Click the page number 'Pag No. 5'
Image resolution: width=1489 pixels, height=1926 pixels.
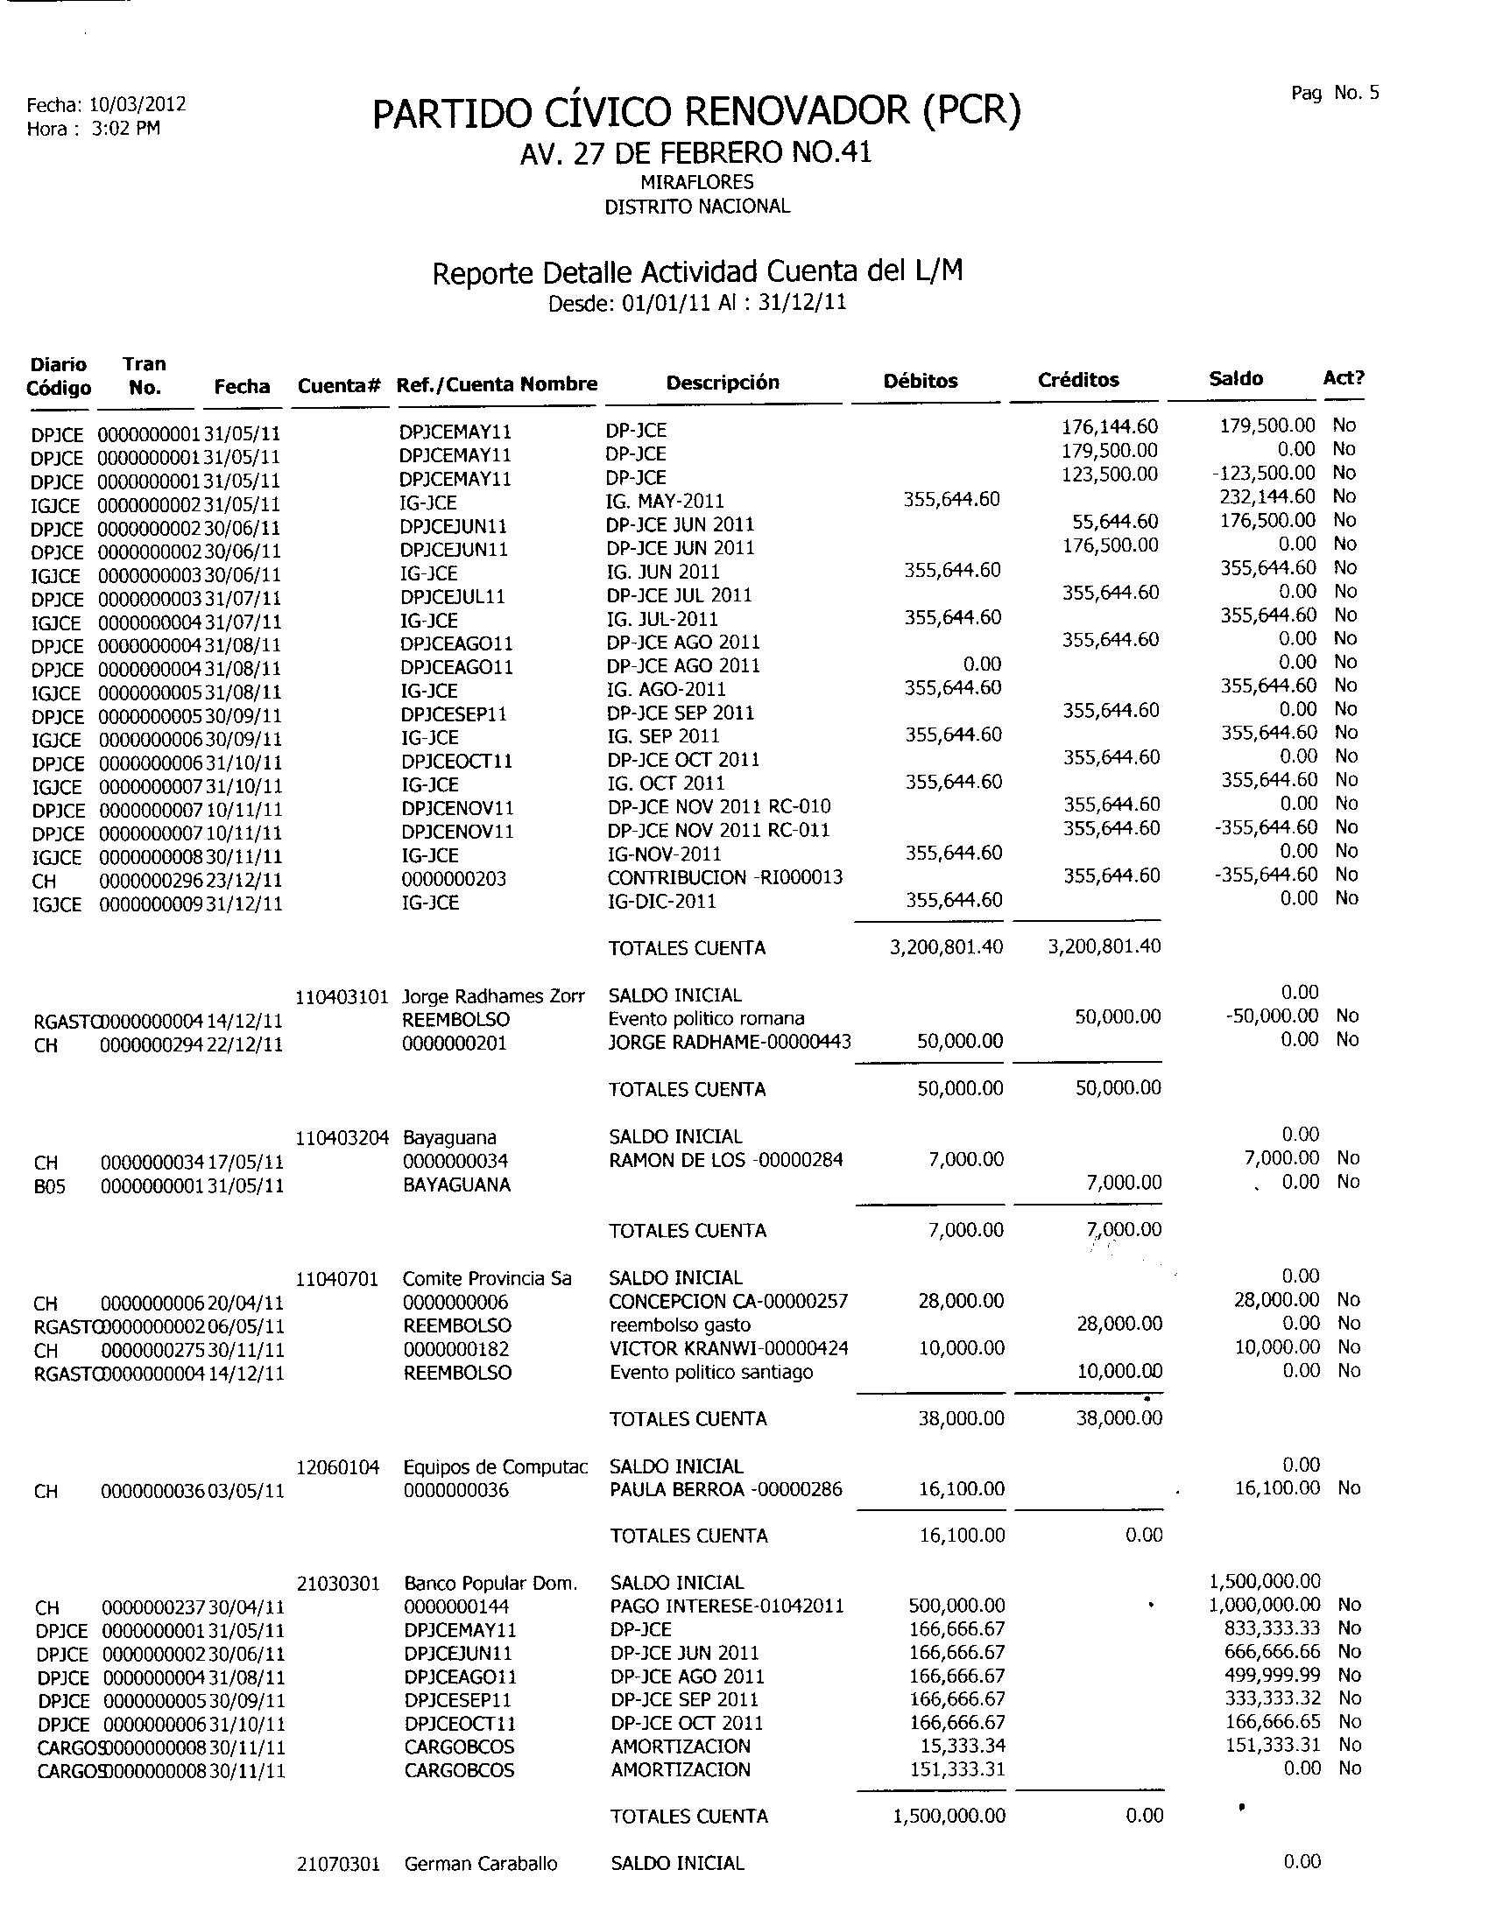[x=1335, y=94]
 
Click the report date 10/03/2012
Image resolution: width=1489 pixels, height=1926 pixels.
[x=138, y=104]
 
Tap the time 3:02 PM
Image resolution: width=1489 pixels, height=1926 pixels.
[x=126, y=129]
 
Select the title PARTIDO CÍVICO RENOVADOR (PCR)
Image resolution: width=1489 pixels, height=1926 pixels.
[x=696, y=112]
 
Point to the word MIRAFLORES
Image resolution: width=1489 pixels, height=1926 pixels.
[x=697, y=183]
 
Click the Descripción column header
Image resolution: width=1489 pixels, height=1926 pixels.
[x=723, y=383]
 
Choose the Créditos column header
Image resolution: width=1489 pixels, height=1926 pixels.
[x=1078, y=380]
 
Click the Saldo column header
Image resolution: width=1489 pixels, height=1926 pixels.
[x=1235, y=379]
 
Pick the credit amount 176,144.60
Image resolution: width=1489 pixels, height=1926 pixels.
[x=1110, y=427]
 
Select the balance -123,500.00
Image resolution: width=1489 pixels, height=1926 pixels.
[x=1263, y=474]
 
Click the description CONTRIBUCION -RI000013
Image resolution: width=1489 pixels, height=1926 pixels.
[x=725, y=877]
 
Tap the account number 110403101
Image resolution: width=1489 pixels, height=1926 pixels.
[x=342, y=997]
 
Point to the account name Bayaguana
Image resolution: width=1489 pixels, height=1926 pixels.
[x=450, y=1137]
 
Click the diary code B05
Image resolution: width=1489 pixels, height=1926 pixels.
[x=49, y=1187]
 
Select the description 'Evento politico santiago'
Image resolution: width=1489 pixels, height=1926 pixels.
[x=711, y=1372]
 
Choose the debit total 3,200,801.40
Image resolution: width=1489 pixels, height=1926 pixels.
[x=946, y=947]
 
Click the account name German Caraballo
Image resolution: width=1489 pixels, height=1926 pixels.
[x=481, y=1863]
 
